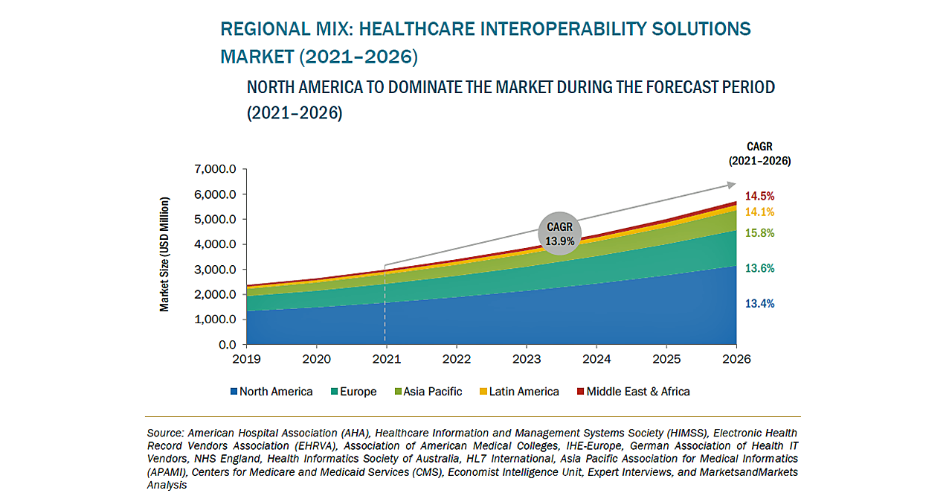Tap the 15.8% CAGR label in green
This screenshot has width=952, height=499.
click(x=759, y=233)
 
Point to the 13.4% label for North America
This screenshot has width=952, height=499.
click(x=759, y=304)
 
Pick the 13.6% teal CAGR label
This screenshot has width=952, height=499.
click(x=759, y=268)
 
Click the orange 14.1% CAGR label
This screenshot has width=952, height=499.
click(x=759, y=212)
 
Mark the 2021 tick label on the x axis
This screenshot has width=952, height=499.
click(x=386, y=359)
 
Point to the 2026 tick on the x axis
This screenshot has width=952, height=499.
click(x=736, y=359)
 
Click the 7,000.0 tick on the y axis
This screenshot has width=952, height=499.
click(x=215, y=170)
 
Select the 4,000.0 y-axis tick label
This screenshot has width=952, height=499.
click(x=215, y=245)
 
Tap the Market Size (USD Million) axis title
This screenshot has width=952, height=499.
click(x=164, y=254)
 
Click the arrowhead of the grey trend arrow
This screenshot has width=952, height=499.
click(x=732, y=185)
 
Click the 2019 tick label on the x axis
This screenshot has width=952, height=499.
click(x=247, y=359)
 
